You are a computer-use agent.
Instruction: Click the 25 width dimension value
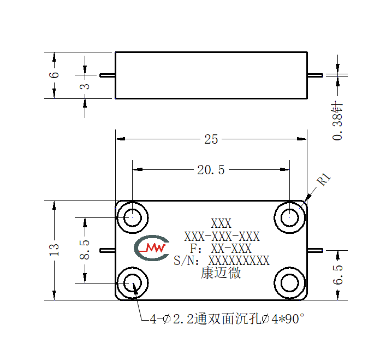coord(211,139)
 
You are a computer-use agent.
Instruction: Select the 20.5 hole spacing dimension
coord(211,170)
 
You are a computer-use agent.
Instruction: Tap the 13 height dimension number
coord(54,250)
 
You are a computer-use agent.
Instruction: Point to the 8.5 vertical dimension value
coord(85,250)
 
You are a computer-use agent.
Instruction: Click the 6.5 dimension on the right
coord(337,275)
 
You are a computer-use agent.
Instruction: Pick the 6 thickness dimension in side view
coord(54,75)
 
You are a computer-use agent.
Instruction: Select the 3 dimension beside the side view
coord(85,86)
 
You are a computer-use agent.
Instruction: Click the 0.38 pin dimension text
coord(337,121)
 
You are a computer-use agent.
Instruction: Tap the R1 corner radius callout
coord(324,179)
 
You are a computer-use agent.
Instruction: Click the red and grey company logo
coord(152,248)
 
